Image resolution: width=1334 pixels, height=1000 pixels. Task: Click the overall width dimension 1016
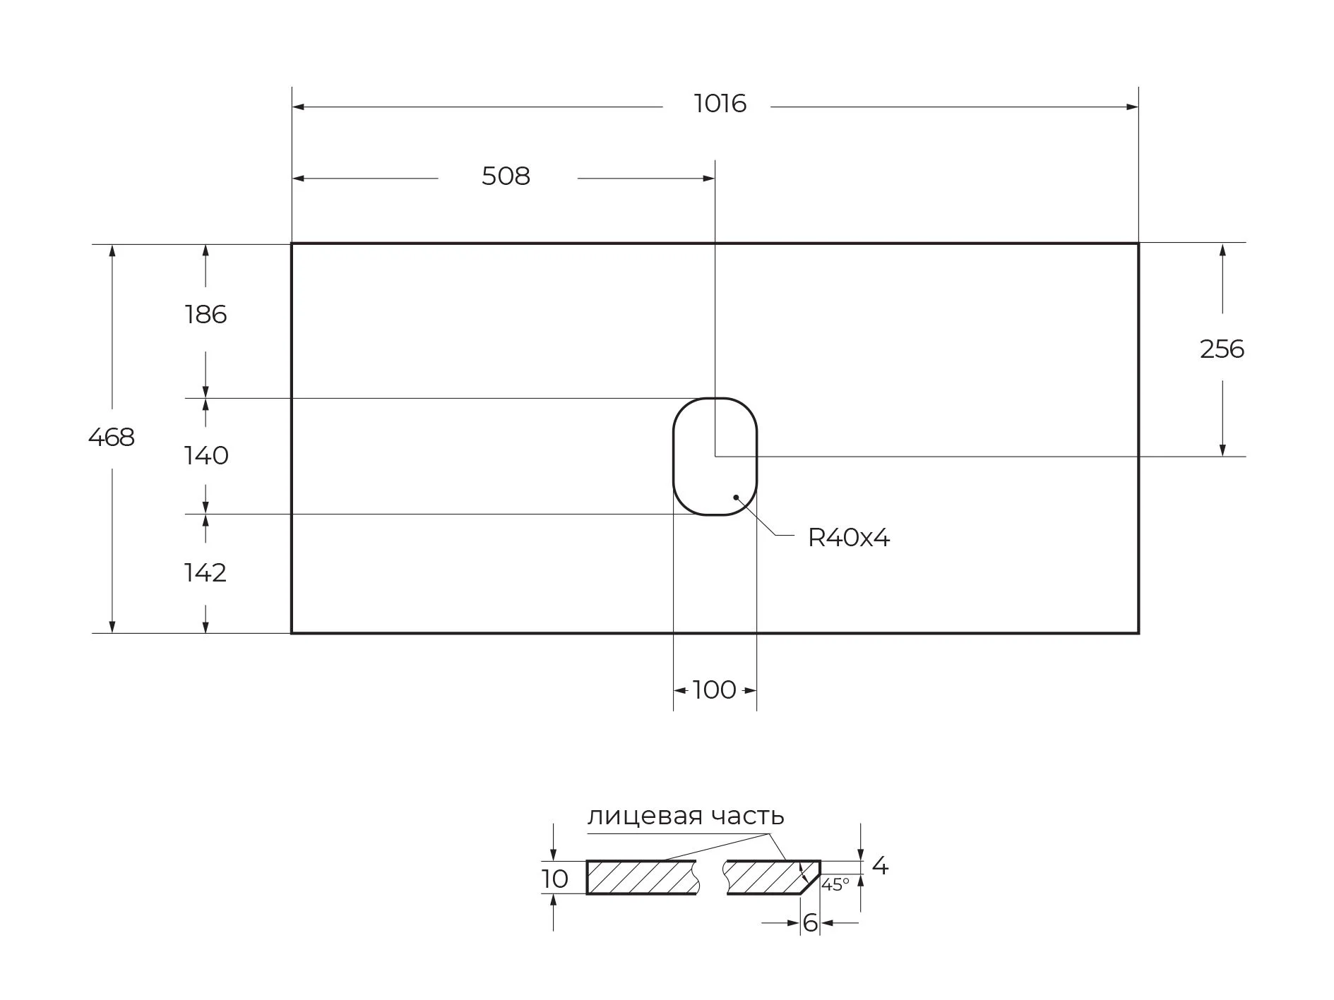(x=720, y=104)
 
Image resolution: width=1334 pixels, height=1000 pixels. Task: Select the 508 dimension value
(x=506, y=176)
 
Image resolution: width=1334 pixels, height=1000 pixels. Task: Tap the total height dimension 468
(x=112, y=438)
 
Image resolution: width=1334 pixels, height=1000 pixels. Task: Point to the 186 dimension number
(x=206, y=315)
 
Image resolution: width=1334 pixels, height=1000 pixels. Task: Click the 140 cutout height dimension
(x=206, y=456)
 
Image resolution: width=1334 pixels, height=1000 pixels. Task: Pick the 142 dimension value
(x=206, y=573)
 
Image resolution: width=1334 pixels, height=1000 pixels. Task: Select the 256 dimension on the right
(x=1222, y=349)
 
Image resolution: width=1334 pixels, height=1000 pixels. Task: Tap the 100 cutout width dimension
(x=715, y=689)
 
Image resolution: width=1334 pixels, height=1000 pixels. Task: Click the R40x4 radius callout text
(x=849, y=538)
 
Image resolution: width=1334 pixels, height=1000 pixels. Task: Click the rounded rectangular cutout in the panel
(x=673, y=457)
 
